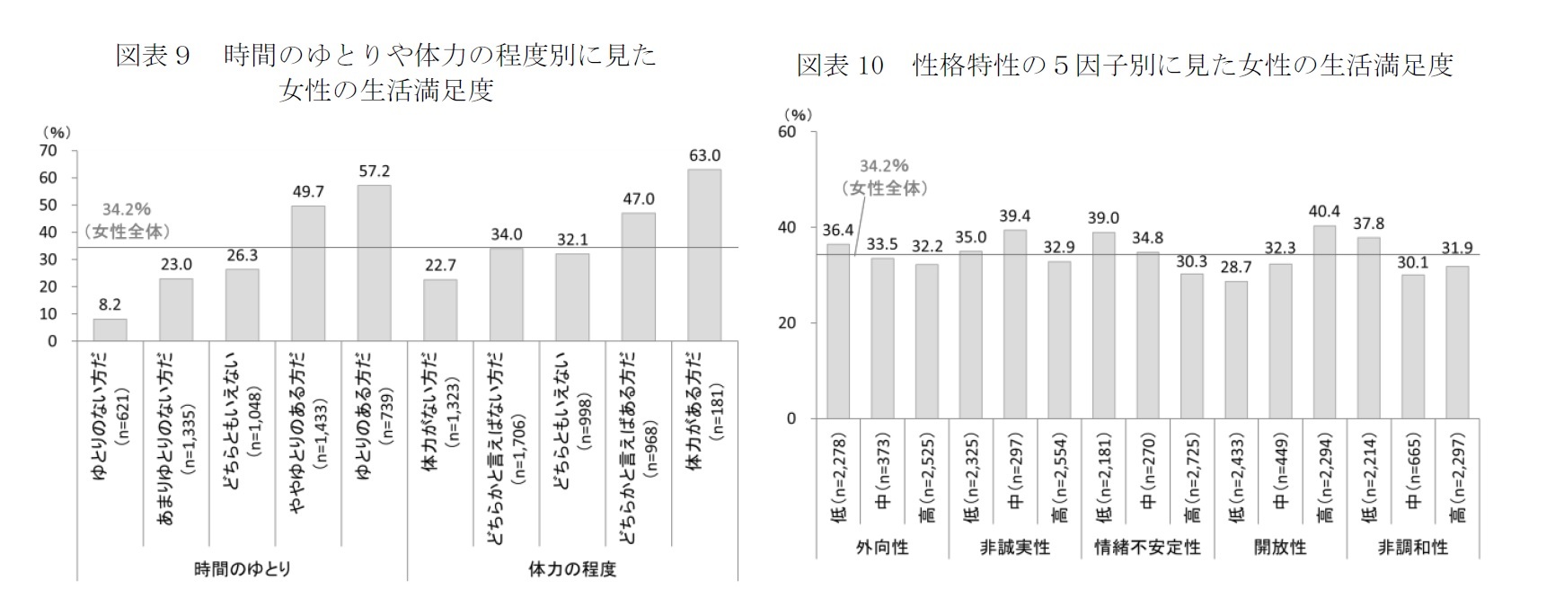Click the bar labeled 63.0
pyautogui.click(x=704, y=255)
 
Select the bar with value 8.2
pyautogui.click(x=110, y=329)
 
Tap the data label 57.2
pyautogui.click(x=374, y=171)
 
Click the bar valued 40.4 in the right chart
pyautogui.click(x=1324, y=321)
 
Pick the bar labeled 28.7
pyautogui.click(x=1236, y=350)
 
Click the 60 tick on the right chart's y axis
pyautogui.click(x=787, y=132)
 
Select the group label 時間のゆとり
pyautogui.click(x=242, y=569)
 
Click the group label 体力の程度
pyautogui.click(x=572, y=569)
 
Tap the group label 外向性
pyautogui.click(x=882, y=547)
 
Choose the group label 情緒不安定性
pyautogui.click(x=1147, y=547)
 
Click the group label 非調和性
pyautogui.click(x=1412, y=547)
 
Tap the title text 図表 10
pyautogui.click(x=840, y=66)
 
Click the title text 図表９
pyautogui.click(x=154, y=56)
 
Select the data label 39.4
pyautogui.click(x=1015, y=215)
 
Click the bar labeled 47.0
pyautogui.click(x=639, y=277)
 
